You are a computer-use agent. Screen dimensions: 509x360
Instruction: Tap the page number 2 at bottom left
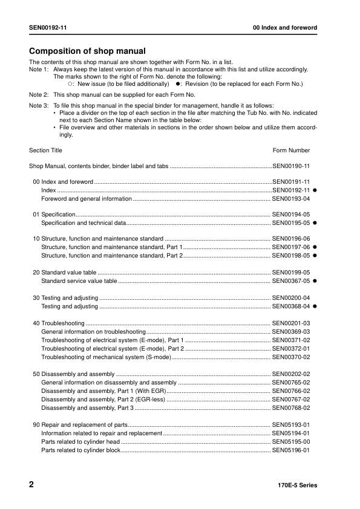31,485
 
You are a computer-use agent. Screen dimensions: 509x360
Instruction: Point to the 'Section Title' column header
45,150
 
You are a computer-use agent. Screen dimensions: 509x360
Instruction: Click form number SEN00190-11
291,166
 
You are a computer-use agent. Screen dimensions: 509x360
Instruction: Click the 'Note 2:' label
39,95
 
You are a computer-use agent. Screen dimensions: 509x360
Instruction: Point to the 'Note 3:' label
39,106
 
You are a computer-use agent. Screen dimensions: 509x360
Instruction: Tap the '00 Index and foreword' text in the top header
285,28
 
